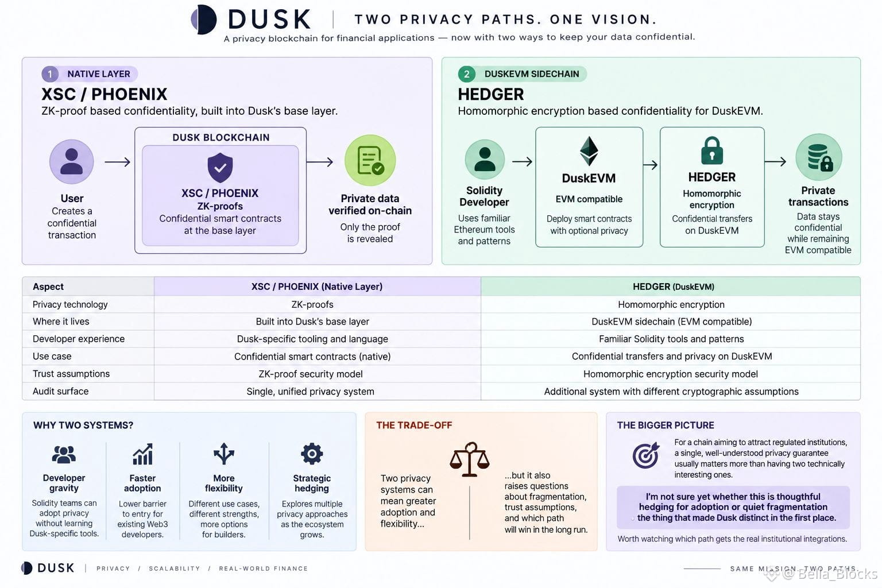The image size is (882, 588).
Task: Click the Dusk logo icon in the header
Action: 204,20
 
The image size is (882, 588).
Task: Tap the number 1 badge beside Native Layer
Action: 50,74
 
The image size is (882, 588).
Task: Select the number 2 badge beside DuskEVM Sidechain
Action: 467,74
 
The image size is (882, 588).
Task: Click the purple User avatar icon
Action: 72,161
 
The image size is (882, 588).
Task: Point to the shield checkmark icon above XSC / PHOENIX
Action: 220,167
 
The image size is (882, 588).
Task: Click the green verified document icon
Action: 370,160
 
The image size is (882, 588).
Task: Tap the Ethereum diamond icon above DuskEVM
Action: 589,151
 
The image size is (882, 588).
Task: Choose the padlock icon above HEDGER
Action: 712,150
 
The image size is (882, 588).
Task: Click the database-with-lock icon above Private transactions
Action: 819,157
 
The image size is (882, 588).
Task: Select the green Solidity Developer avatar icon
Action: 485,160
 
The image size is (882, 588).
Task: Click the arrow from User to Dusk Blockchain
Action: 117,162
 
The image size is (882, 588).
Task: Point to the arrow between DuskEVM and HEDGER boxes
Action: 651,165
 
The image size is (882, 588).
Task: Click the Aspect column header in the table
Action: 48,287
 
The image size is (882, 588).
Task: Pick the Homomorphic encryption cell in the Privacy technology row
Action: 671,304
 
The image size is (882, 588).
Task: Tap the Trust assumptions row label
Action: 71,374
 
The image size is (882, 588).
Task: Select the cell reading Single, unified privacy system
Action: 310,392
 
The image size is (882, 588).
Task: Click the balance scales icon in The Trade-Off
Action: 469,459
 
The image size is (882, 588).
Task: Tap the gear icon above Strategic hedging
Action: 312,454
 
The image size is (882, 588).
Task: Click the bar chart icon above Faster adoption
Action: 142,454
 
